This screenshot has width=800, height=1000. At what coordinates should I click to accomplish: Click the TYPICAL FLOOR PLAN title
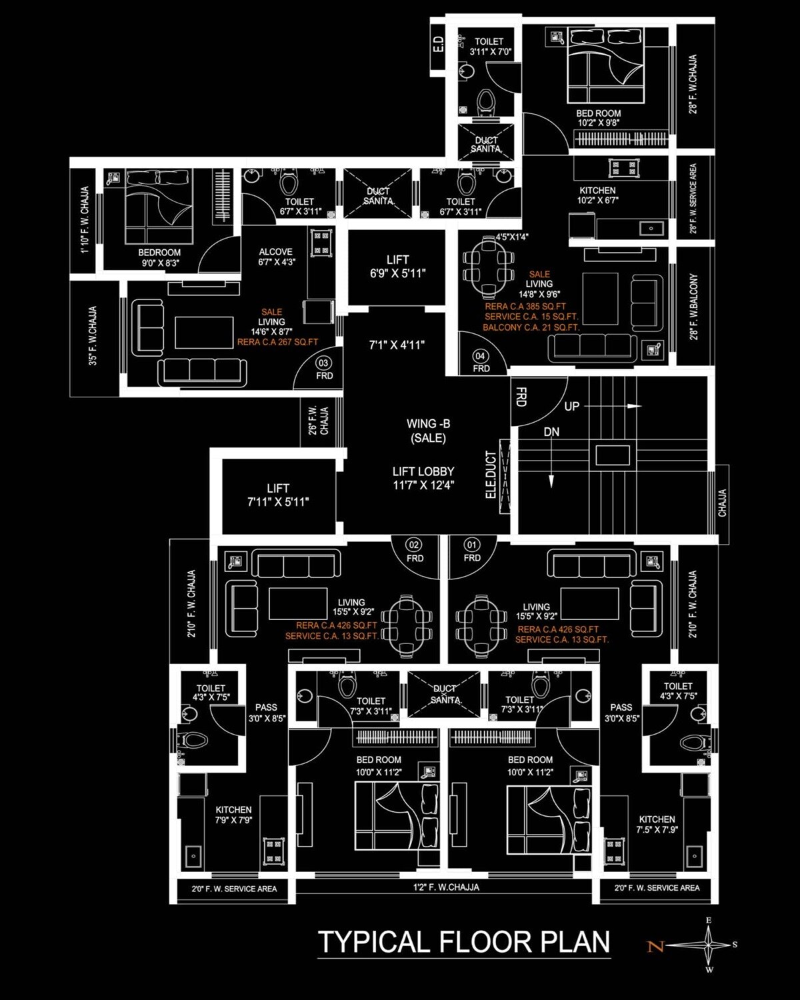[x=464, y=942]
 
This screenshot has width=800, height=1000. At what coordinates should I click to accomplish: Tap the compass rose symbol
[x=708, y=945]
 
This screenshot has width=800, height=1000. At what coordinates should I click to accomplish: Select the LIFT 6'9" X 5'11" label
[x=397, y=267]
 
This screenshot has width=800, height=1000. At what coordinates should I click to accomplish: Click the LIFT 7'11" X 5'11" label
[x=278, y=495]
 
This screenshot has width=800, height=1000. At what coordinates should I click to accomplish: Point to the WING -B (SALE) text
[x=428, y=431]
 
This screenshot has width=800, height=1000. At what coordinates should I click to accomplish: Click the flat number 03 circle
[x=323, y=363]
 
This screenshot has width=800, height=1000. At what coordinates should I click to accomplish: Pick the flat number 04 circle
[x=480, y=356]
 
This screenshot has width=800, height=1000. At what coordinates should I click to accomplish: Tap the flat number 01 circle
[x=472, y=545]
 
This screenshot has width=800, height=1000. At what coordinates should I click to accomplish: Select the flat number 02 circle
[x=415, y=545]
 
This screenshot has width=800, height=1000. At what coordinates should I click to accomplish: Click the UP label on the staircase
[x=572, y=406]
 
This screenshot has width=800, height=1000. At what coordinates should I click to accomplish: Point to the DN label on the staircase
[x=551, y=432]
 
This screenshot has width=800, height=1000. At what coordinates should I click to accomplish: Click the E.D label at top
[x=438, y=45]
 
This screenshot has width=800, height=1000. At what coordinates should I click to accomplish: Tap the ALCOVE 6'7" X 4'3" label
[x=275, y=257]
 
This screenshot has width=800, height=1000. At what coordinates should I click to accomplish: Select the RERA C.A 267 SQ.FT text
[x=277, y=342]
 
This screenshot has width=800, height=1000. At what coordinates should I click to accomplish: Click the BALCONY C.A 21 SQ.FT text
[x=531, y=327]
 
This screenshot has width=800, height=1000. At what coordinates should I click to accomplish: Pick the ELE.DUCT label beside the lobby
[x=491, y=475]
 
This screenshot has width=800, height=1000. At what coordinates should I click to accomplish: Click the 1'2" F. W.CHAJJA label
[x=446, y=887]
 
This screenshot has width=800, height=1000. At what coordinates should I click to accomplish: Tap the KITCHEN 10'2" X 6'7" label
[x=597, y=195]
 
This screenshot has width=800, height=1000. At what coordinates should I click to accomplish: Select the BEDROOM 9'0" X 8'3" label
[x=159, y=257]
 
